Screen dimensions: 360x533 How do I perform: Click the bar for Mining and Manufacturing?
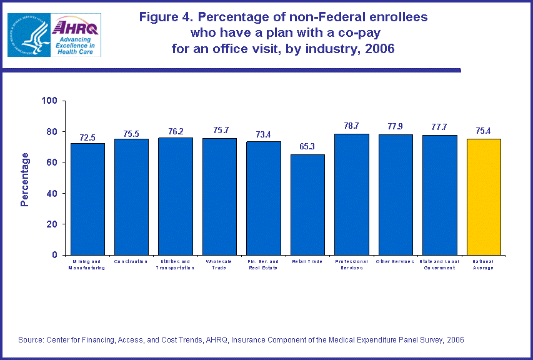tap(87, 199)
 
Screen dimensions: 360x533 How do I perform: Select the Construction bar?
tap(131, 197)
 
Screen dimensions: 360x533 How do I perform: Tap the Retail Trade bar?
tap(307, 204)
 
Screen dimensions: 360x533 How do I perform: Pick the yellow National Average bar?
tap(484, 197)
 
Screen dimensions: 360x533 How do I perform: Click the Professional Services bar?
tap(351, 194)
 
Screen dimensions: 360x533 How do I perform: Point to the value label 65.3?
tap(307, 146)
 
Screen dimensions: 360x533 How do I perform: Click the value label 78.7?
tap(351, 126)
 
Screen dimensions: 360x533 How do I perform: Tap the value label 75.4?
tap(484, 131)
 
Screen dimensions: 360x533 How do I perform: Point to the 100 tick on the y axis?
tap(49, 101)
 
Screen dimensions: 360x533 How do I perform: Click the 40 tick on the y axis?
tap(52, 193)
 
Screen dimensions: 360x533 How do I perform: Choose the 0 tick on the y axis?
tap(54, 255)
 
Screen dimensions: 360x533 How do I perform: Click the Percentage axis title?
tap(25, 179)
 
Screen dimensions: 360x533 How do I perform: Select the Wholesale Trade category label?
tap(219, 264)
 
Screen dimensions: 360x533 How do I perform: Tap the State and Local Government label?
tap(439, 264)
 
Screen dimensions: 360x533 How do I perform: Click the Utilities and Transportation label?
tap(175, 264)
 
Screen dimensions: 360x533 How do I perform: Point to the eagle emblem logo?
tap(27, 34)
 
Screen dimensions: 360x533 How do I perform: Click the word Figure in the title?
tap(159, 17)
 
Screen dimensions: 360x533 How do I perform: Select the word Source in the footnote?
tap(31, 339)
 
